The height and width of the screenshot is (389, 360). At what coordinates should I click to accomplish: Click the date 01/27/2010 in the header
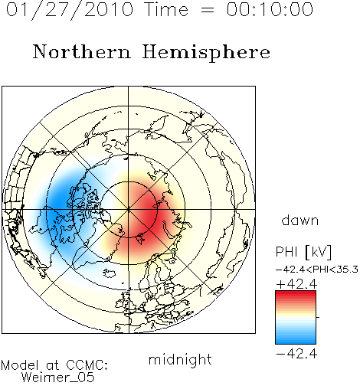pos(70,10)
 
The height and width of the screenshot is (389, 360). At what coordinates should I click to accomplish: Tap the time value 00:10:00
pos(270,9)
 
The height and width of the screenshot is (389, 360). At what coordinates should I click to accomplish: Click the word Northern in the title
pos(82,51)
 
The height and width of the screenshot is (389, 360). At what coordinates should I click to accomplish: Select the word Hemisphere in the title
pos(206,52)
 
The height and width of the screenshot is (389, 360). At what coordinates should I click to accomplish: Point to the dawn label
pos(300,220)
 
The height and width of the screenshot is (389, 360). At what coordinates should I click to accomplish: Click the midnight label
pos(180,360)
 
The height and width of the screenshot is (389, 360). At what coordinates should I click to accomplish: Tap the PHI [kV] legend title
pos(304,252)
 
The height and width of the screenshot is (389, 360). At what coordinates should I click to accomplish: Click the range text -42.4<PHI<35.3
pos(317,270)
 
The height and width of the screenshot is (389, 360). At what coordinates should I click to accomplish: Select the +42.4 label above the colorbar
pos(296,284)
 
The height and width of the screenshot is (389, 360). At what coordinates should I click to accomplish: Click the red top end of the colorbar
pos(296,293)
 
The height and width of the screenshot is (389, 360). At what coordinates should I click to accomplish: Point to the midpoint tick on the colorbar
pos(318,317)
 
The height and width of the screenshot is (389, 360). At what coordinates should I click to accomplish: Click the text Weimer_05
pos(58,378)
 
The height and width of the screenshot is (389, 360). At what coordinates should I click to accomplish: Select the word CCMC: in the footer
pos(87,365)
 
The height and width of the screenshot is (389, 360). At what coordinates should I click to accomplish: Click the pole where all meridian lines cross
pos(129,210)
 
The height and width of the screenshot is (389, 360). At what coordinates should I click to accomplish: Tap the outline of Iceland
pos(110,273)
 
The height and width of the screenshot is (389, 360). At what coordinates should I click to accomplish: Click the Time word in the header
pos(166,9)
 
